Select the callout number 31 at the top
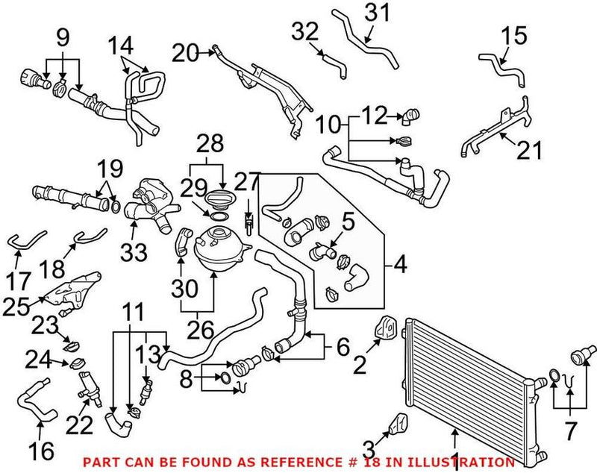coord(376,13)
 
